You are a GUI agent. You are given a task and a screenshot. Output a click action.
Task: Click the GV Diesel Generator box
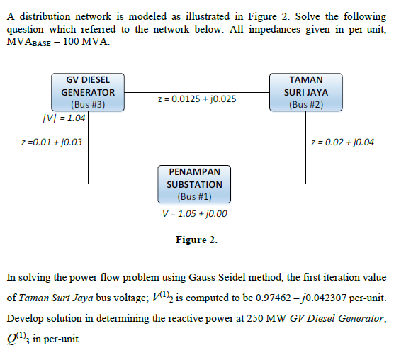88,92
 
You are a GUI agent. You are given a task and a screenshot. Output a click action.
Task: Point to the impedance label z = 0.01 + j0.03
52,142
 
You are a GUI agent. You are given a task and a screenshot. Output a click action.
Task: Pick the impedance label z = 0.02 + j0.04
343,142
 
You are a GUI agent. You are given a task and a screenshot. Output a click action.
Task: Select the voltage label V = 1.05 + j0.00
194,213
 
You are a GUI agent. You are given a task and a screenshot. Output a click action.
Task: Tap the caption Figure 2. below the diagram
196,240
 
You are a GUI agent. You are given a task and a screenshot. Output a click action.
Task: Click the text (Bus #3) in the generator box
88,105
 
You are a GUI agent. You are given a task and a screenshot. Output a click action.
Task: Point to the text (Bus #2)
306,105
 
